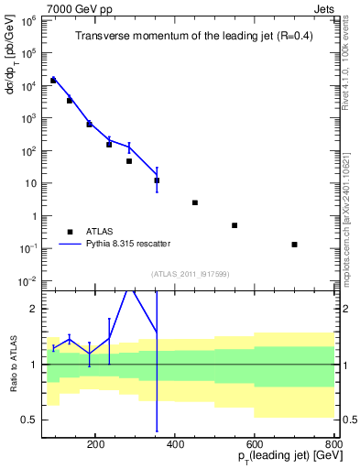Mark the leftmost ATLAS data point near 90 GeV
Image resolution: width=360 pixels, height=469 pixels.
coord(53,81)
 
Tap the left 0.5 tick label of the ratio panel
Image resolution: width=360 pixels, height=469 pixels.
coord(28,420)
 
